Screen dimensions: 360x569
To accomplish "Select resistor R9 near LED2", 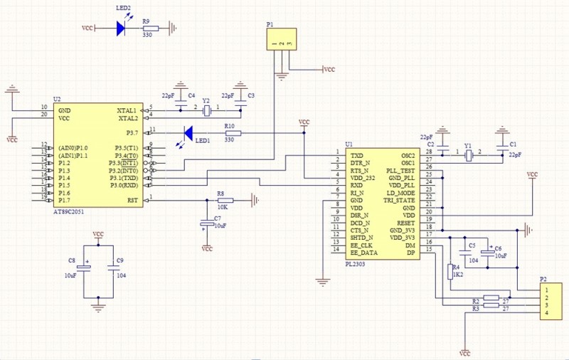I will (150, 28).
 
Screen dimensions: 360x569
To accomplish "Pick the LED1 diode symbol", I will (188, 133).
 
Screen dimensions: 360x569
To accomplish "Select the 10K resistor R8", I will (225, 200).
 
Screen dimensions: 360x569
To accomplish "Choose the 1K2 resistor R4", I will (449, 271).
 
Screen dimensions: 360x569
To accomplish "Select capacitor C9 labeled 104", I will (112, 267).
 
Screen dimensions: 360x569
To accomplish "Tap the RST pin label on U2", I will (132, 200).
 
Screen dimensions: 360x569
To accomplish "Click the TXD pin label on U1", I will (357, 154).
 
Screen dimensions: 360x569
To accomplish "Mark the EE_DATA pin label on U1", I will (363, 252).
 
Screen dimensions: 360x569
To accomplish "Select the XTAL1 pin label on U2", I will (127, 111).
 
